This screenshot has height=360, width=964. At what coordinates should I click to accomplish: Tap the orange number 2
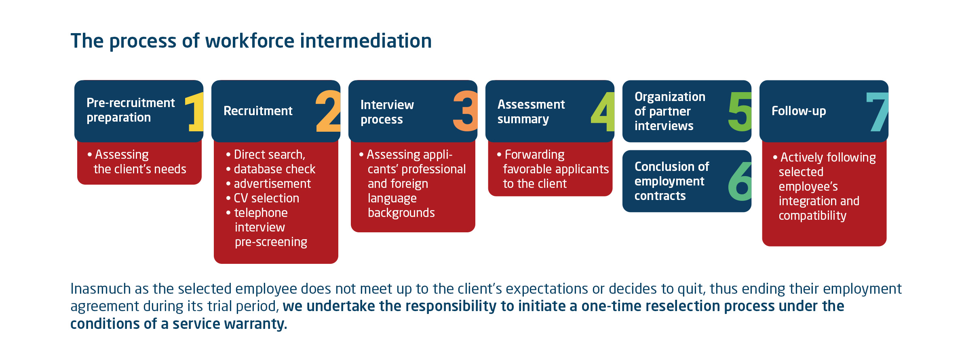click(328, 111)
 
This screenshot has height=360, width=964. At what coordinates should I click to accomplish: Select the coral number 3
click(465, 111)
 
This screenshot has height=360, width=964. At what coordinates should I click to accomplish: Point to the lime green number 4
click(603, 112)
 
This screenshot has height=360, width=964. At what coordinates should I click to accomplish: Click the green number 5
click(740, 112)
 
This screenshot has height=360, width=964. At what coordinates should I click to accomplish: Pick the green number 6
click(740, 181)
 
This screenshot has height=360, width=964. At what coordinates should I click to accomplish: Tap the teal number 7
click(878, 112)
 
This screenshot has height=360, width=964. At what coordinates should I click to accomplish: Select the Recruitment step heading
click(258, 111)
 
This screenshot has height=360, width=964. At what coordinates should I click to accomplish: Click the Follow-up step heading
click(799, 111)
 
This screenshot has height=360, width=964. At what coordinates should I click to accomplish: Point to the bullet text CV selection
click(266, 198)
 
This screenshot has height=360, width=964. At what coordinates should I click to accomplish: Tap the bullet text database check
click(274, 169)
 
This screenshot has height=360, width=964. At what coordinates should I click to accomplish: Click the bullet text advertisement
click(272, 183)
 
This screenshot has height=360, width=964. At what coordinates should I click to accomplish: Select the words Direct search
click(269, 154)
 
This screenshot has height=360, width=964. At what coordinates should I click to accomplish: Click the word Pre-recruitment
click(131, 103)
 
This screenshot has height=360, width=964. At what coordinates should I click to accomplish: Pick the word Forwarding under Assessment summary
click(534, 154)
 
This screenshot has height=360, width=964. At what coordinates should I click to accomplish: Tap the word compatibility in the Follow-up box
click(812, 216)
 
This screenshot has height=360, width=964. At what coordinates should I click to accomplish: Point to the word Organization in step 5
click(670, 97)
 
